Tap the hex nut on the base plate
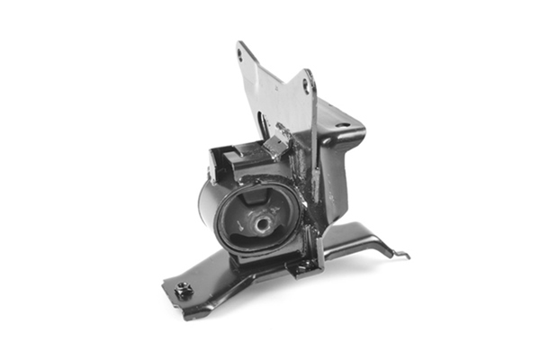coord(184,291)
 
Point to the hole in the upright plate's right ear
coord(306,85)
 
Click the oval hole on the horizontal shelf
coord(343,125)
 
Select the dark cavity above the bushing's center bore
coord(256,200)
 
